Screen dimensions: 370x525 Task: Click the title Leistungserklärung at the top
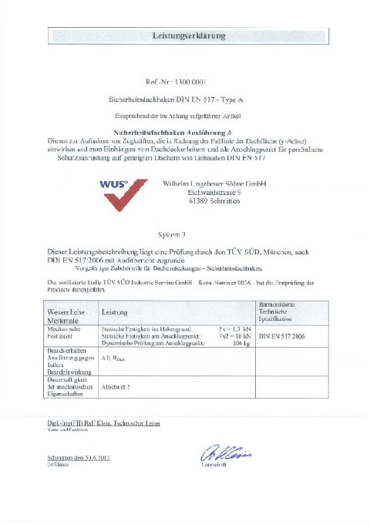click(x=184, y=36)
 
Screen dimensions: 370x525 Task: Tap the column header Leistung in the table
click(x=114, y=312)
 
